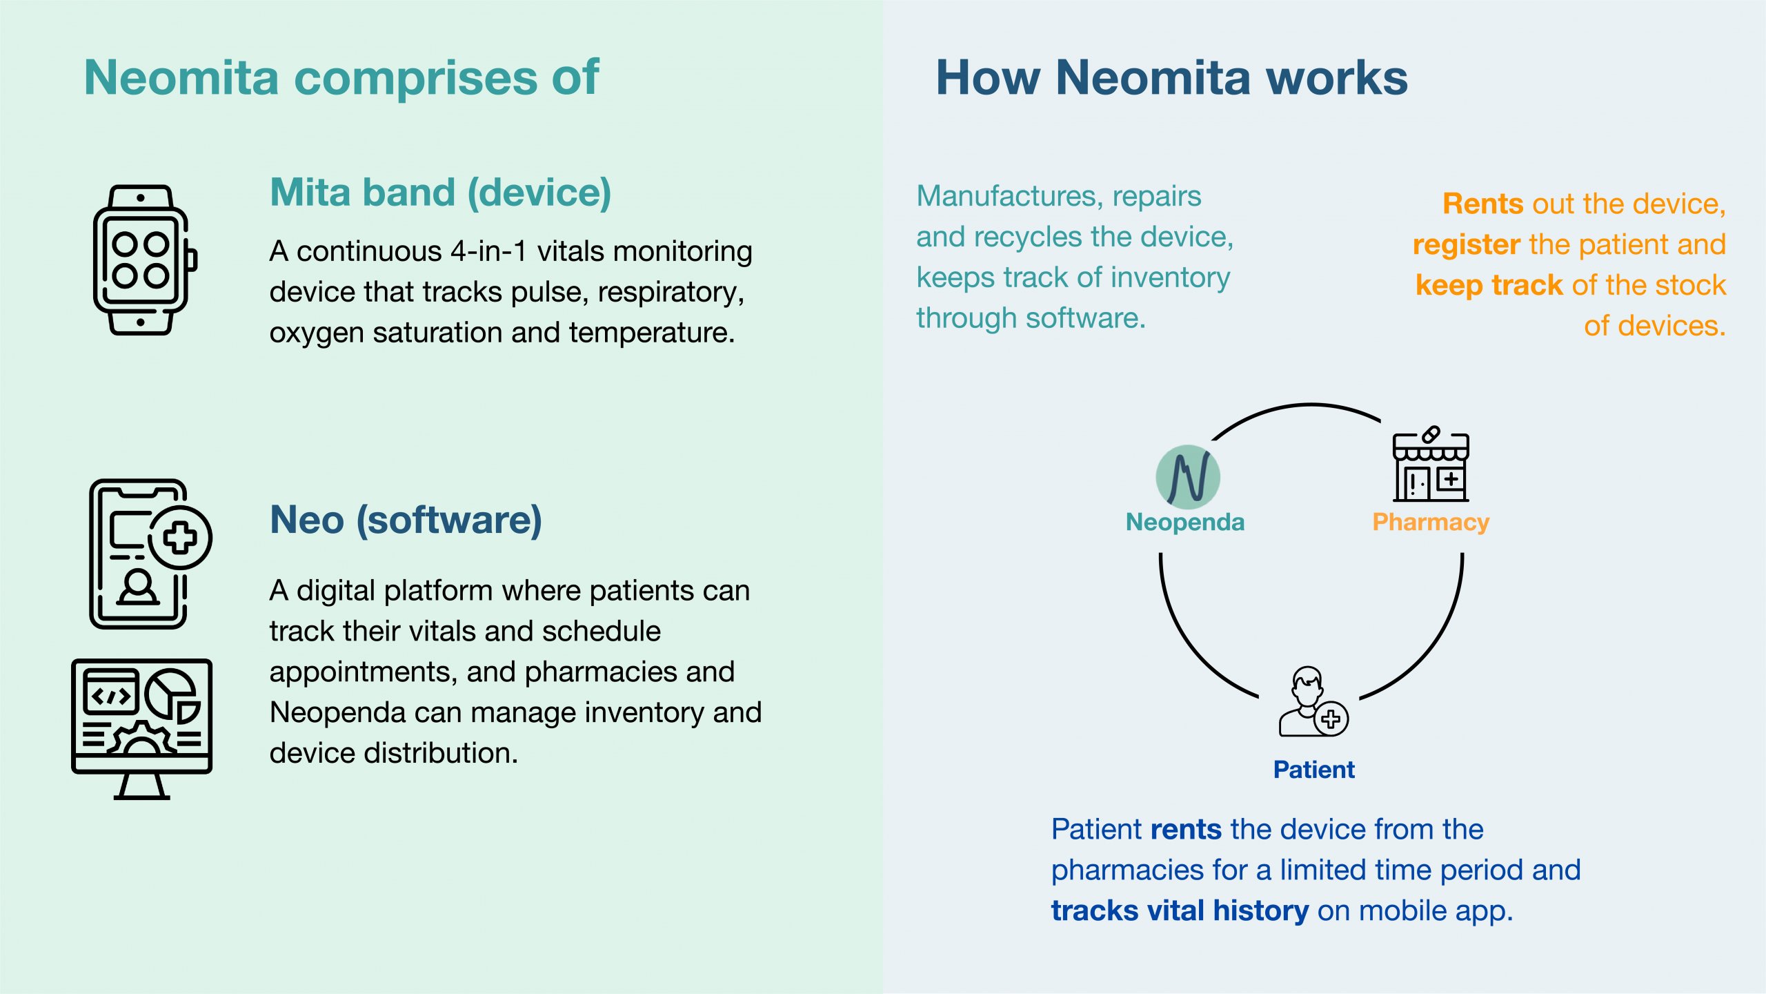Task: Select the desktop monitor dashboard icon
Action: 142,729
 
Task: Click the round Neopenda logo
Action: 1188,477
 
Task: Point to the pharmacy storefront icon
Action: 1431,464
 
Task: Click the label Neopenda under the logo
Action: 1185,522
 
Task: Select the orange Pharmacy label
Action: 1431,523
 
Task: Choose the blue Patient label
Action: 1313,770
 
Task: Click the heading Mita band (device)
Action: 441,193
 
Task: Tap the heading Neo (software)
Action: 406,520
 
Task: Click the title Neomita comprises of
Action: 341,77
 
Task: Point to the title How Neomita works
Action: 1171,77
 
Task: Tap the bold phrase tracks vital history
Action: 1180,911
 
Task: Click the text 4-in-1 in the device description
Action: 489,251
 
